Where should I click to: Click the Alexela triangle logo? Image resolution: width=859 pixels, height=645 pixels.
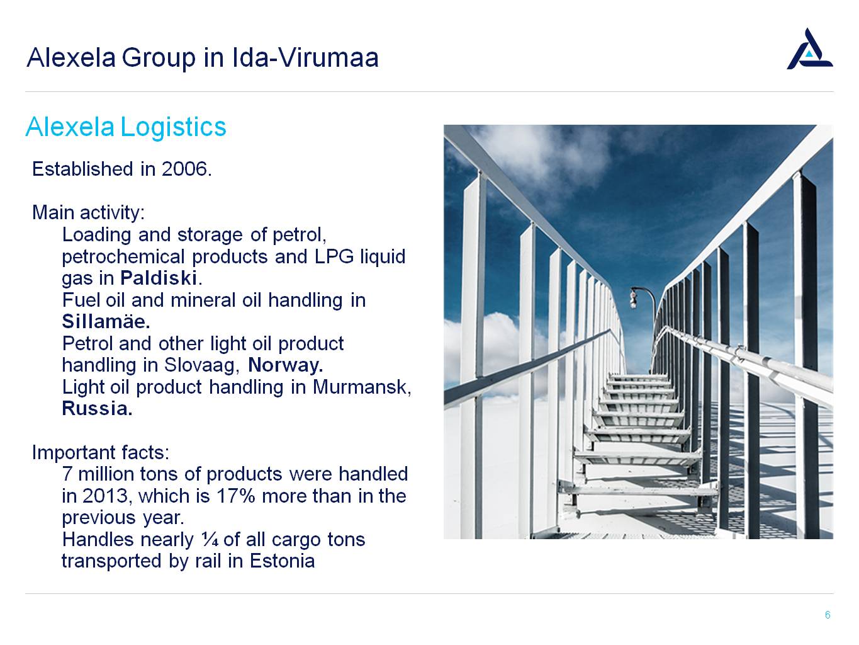(809, 50)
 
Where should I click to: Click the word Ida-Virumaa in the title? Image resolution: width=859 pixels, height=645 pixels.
(305, 58)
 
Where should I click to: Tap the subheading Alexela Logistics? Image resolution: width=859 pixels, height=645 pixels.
(126, 127)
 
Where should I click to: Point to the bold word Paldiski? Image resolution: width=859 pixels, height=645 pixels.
(159, 278)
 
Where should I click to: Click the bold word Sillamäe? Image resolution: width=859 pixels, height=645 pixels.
(106, 321)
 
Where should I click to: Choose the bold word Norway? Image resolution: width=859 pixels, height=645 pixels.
(286, 365)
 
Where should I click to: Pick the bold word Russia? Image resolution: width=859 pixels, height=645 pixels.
(97, 408)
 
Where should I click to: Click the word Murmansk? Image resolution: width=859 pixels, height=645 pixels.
(361, 387)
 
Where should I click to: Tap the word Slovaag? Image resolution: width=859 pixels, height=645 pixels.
(199, 365)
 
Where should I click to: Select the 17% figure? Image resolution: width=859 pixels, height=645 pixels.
(235, 496)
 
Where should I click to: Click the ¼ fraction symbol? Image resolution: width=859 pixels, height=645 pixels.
(210, 540)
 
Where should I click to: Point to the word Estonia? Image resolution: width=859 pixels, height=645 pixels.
(282, 561)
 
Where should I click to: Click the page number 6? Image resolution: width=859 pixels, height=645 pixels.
(828, 615)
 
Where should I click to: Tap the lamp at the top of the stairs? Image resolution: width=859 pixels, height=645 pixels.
(633, 299)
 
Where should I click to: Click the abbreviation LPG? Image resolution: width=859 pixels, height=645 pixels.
(334, 256)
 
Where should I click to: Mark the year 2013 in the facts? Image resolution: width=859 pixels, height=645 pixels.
(105, 496)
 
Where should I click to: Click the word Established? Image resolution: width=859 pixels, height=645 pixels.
(82, 169)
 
